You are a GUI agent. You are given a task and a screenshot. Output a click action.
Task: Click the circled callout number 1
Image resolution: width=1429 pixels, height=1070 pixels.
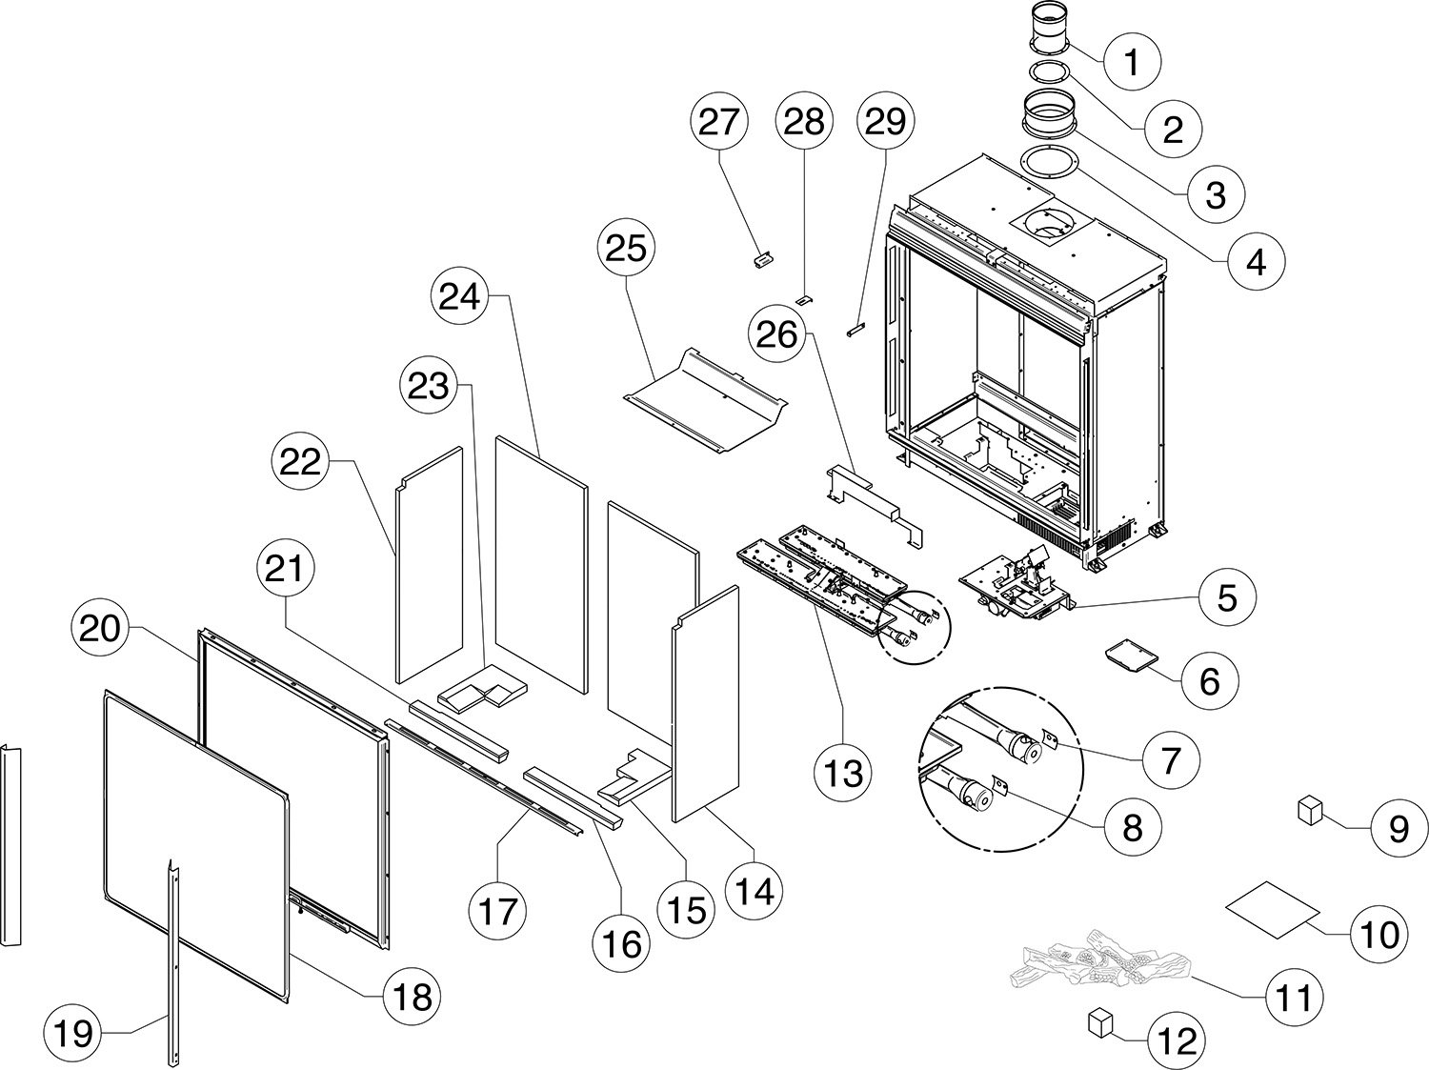[x=1131, y=62]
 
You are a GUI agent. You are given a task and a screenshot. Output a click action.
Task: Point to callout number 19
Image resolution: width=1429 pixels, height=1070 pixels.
[x=74, y=1032]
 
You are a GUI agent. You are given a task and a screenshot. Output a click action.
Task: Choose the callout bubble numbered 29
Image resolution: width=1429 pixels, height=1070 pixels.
[x=885, y=122]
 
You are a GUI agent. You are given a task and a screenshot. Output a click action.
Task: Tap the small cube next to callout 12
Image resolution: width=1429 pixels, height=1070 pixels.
[x=1100, y=1023]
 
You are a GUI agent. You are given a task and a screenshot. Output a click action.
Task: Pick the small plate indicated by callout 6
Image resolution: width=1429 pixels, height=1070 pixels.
[x=1129, y=658]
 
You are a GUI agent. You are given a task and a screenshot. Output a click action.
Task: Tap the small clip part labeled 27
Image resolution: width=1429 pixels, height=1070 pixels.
[x=762, y=256]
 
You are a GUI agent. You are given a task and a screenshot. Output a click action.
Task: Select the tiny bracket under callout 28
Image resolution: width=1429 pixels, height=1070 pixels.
[x=803, y=299]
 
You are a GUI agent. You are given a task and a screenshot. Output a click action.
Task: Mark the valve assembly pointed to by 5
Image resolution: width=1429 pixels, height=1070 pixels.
[x=1014, y=583]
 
